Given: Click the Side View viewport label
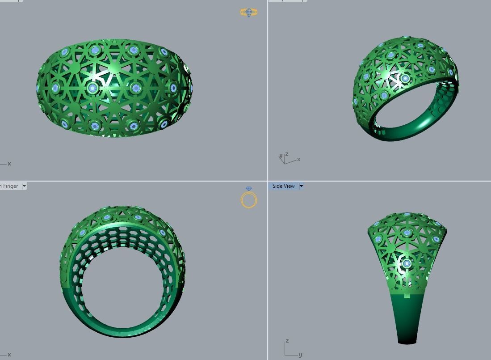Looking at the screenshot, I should click(284, 186).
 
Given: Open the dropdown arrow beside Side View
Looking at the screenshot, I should click(301, 186).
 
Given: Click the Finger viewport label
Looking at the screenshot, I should click(10, 186).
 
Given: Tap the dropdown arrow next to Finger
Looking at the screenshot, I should click(24, 186).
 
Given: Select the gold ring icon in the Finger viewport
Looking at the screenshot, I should click(249, 200).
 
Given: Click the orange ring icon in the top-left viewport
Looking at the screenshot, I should click(248, 13).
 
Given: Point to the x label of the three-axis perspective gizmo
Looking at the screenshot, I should click(299, 159).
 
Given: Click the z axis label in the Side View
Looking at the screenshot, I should click(287, 341).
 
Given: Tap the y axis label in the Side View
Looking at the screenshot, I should click(300, 355).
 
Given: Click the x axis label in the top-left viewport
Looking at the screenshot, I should click(9, 164).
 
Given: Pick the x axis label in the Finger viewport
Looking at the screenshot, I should click(9, 355).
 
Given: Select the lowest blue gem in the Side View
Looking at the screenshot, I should click(407, 264).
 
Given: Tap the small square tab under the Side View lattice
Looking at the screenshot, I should click(407, 295).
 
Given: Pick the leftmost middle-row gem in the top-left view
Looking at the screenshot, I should click(55, 88).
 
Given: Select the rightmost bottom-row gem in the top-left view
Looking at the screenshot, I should click(164, 124).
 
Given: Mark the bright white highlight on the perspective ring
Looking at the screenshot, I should click(395, 80).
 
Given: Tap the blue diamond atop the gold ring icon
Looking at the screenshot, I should click(249, 189).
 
